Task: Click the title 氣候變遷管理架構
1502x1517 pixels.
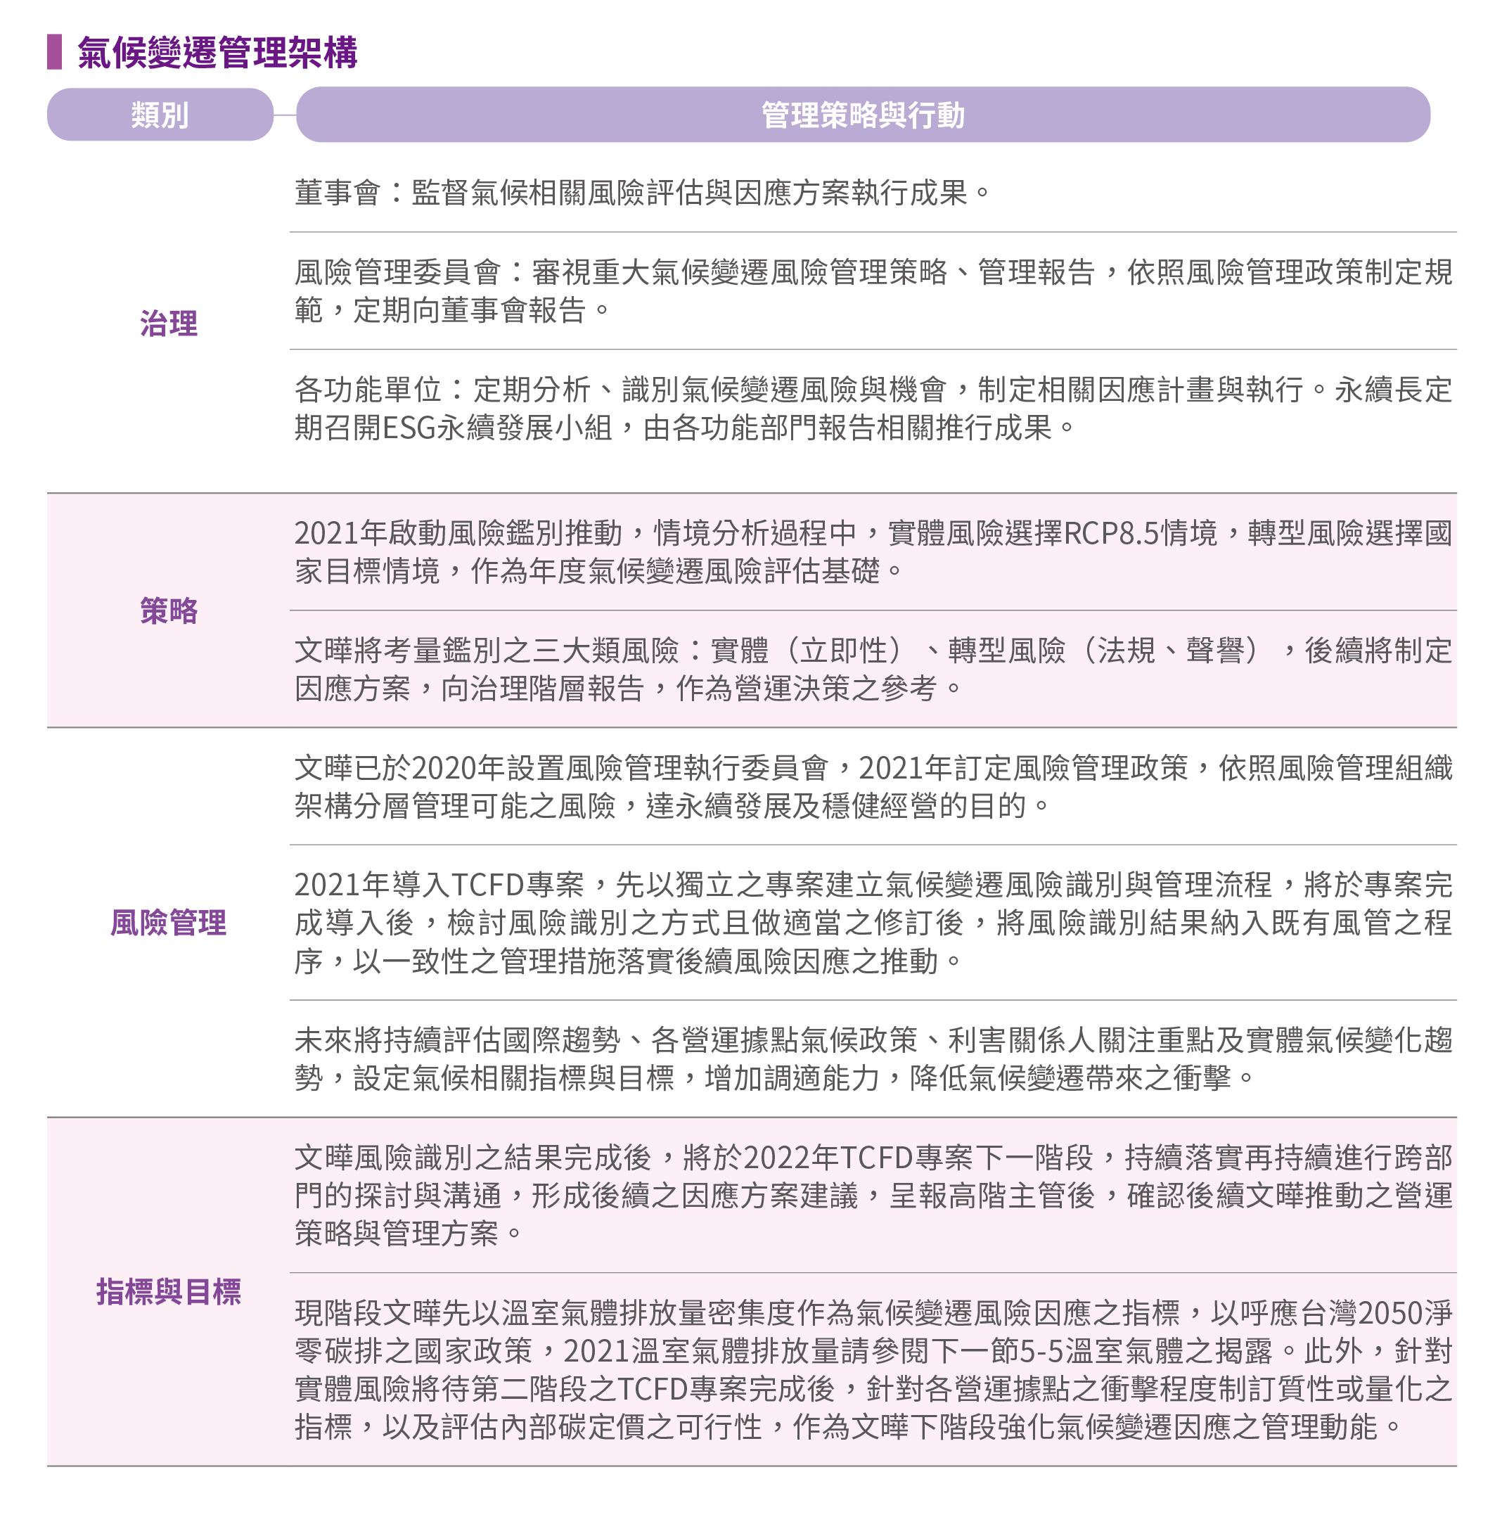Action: click(x=217, y=53)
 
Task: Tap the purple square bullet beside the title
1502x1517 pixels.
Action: click(x=54, y=52)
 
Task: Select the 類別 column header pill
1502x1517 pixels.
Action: click(x=160, y=115)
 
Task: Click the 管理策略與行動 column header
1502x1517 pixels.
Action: click(x=863, y=115)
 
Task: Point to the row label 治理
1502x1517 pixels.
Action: click(x=169, y=324)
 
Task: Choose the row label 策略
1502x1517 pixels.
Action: click(x=169, y=610)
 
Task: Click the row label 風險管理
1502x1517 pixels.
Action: click(x=169, y=922)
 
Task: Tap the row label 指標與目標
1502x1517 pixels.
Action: click(x=169, y=1292)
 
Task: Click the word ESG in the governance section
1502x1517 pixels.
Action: click(x=409, y=428)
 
